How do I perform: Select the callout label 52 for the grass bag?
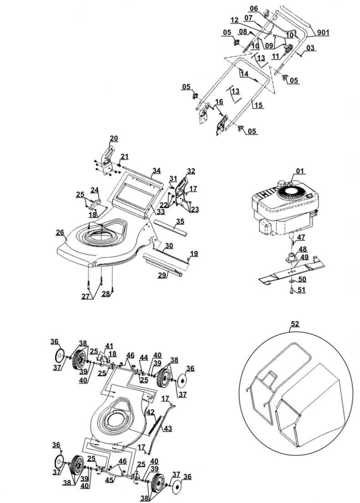(295, 324)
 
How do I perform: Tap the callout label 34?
(156, 171)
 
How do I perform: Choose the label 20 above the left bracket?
(113, 139)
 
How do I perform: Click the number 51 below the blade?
(301, 290)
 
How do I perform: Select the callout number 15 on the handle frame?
(258, 105)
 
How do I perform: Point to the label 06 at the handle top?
(254, 9)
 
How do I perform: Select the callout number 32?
(190, 171)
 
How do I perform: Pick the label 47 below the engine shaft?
(301, 238)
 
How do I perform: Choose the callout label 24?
(95, 189)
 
